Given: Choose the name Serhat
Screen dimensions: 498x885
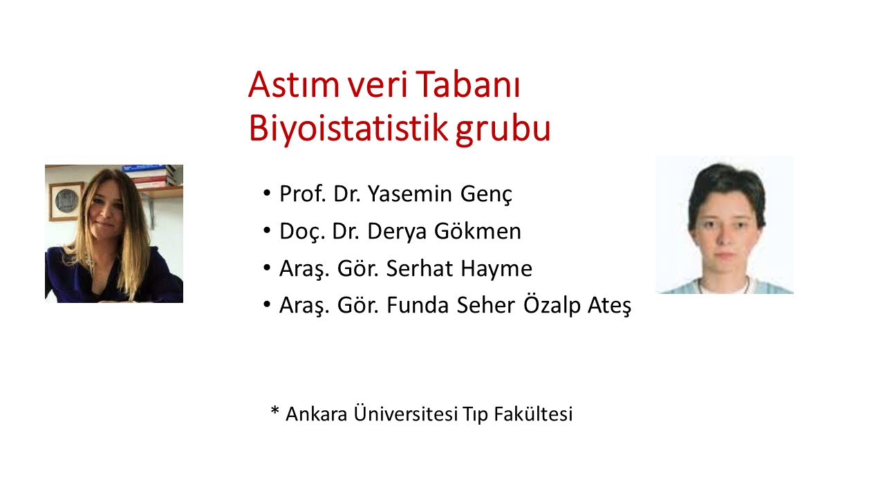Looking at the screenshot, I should pyautogui.click(x=417, y=268).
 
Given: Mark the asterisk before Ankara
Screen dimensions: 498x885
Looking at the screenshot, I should pyautogui.click(x=274, y=412).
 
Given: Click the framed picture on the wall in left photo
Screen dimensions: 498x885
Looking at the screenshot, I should pyautogui.click(x=65, y=199).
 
